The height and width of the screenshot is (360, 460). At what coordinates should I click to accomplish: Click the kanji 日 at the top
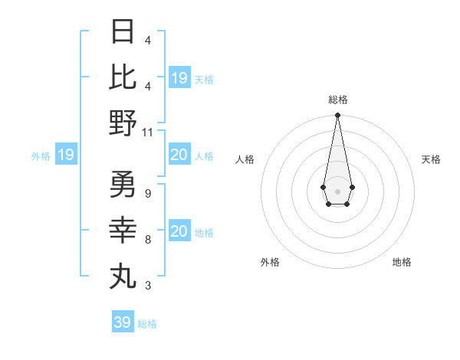[123, 32]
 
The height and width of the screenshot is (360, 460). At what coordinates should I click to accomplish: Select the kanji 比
[123, 77]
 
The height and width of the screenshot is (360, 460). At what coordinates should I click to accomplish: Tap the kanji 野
[123, 122]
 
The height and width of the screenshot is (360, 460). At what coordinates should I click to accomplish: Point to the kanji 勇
[123, 184]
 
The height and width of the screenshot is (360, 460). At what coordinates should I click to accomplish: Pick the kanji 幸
[123, 229]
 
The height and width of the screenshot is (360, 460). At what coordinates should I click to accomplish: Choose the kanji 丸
[123, 275]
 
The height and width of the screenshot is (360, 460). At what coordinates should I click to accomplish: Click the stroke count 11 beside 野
[148, 132]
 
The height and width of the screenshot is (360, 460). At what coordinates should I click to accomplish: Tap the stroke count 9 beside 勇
[147, 194]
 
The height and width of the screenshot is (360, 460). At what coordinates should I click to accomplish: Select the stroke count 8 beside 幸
[147, 240]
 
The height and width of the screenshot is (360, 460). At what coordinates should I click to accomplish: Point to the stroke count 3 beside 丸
[147, 286]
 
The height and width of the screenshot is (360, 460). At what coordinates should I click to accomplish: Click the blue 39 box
[122, 322]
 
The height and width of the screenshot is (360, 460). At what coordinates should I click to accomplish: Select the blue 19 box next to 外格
[65, 155]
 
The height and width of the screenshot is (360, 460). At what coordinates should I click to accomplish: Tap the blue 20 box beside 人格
[179, 155]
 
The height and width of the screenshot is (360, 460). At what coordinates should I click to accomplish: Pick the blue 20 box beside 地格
[179, 231]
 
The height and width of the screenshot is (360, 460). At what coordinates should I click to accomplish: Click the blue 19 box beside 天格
[179, 78]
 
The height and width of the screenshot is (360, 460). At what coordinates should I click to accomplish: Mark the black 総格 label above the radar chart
[337, 100]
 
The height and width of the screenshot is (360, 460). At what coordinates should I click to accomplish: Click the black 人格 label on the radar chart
[245, 159]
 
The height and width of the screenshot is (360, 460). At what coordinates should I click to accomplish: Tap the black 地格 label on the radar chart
[402, 262]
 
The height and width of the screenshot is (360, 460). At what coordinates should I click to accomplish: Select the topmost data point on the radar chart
[337, 116]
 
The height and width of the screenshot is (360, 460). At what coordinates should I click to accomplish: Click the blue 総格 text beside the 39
[147, 324]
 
